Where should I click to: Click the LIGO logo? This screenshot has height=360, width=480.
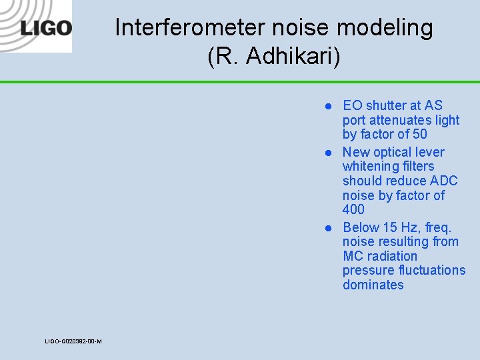[x=46, y=28]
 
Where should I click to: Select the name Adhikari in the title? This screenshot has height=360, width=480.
[x=293, y=57]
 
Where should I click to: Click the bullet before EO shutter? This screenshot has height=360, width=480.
[x=328, y=106]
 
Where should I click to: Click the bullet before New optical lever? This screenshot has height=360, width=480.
[x=328, y=153]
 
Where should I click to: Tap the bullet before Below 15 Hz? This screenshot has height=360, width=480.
[x=328, y=228]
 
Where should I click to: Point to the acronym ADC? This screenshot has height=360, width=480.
[x=444, y=181]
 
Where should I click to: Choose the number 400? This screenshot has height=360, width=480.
[x=353, y=209]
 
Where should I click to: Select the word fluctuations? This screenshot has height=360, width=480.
[x=429, y=270]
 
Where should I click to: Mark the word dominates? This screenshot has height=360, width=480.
[x=373, y=285]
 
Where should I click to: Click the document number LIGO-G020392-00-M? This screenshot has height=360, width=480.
[x=73, y=341]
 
